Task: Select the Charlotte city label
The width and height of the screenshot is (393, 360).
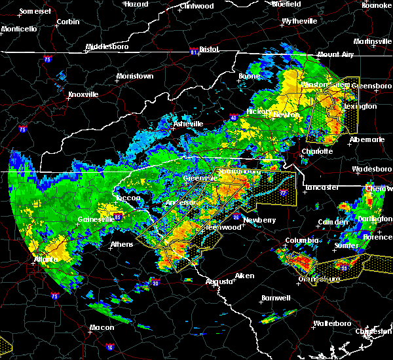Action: point(317,151)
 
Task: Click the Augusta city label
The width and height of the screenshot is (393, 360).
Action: point(218,281)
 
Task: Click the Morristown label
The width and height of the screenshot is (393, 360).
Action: point(135,77)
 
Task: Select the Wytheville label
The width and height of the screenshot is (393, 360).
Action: point(299,21)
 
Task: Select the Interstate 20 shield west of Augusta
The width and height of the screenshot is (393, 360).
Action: point(155,283)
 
